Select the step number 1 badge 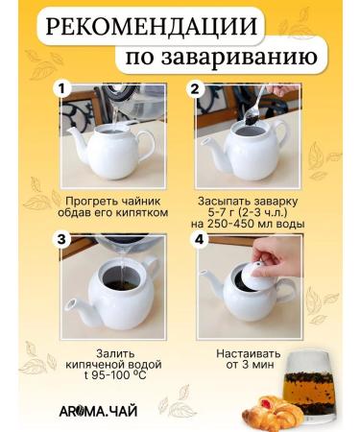click(x=63, y=88)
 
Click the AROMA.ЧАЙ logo click(x=97, y=410)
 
